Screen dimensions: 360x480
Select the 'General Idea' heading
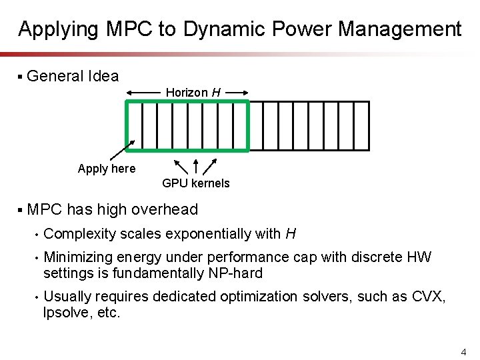point(73,76)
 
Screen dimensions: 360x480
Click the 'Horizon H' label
point(193,92)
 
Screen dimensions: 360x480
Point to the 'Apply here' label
point(106,169)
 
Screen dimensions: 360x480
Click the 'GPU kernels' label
point(195,183)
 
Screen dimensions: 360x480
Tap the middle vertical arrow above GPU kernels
point(195,166)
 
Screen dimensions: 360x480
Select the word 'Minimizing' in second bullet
point(78,257)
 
